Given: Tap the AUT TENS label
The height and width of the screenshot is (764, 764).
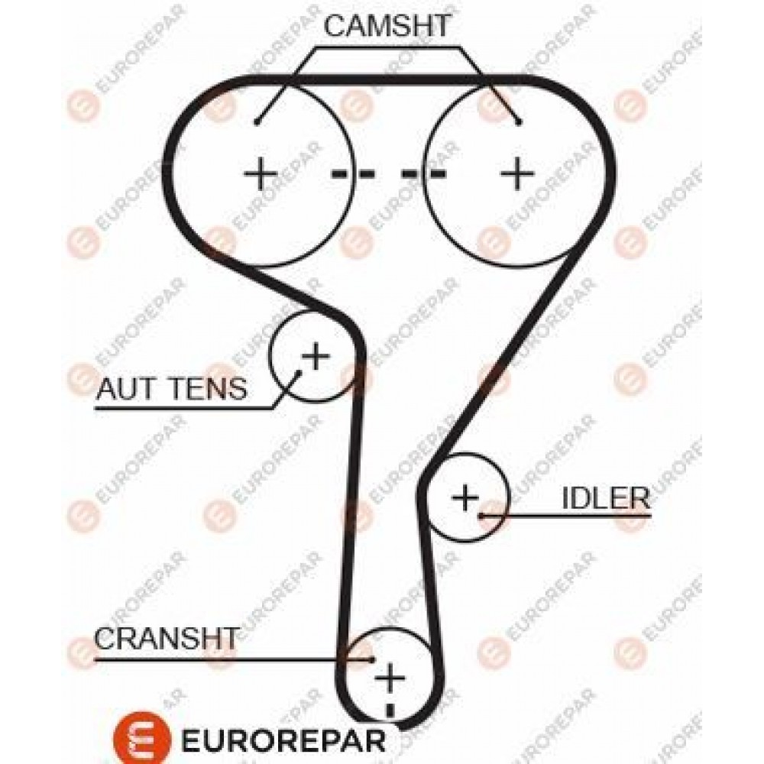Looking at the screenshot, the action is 172,389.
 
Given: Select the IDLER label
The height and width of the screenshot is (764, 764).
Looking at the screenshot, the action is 606,498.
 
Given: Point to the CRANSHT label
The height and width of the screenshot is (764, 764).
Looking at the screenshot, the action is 167,638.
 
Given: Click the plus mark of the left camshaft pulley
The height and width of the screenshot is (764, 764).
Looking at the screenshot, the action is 261,173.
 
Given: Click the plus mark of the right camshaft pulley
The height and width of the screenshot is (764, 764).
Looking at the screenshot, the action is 517,173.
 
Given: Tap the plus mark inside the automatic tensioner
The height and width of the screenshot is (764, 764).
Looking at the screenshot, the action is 316,356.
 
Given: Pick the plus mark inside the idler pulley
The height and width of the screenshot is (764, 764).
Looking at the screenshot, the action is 466,497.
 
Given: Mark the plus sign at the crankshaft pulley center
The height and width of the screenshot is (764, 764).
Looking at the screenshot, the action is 390,678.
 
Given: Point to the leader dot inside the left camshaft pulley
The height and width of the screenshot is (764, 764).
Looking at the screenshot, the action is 257,121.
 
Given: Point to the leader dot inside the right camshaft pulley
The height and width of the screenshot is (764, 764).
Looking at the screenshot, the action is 520,121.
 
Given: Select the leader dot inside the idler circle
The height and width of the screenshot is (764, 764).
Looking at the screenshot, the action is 480,515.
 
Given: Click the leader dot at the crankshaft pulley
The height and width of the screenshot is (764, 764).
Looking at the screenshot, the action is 372,659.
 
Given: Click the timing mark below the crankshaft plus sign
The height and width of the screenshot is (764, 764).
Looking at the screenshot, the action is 390,710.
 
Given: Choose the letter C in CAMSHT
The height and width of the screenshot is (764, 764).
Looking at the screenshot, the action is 335,26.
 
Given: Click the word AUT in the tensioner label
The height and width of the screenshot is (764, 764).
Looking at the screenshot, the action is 126,389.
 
